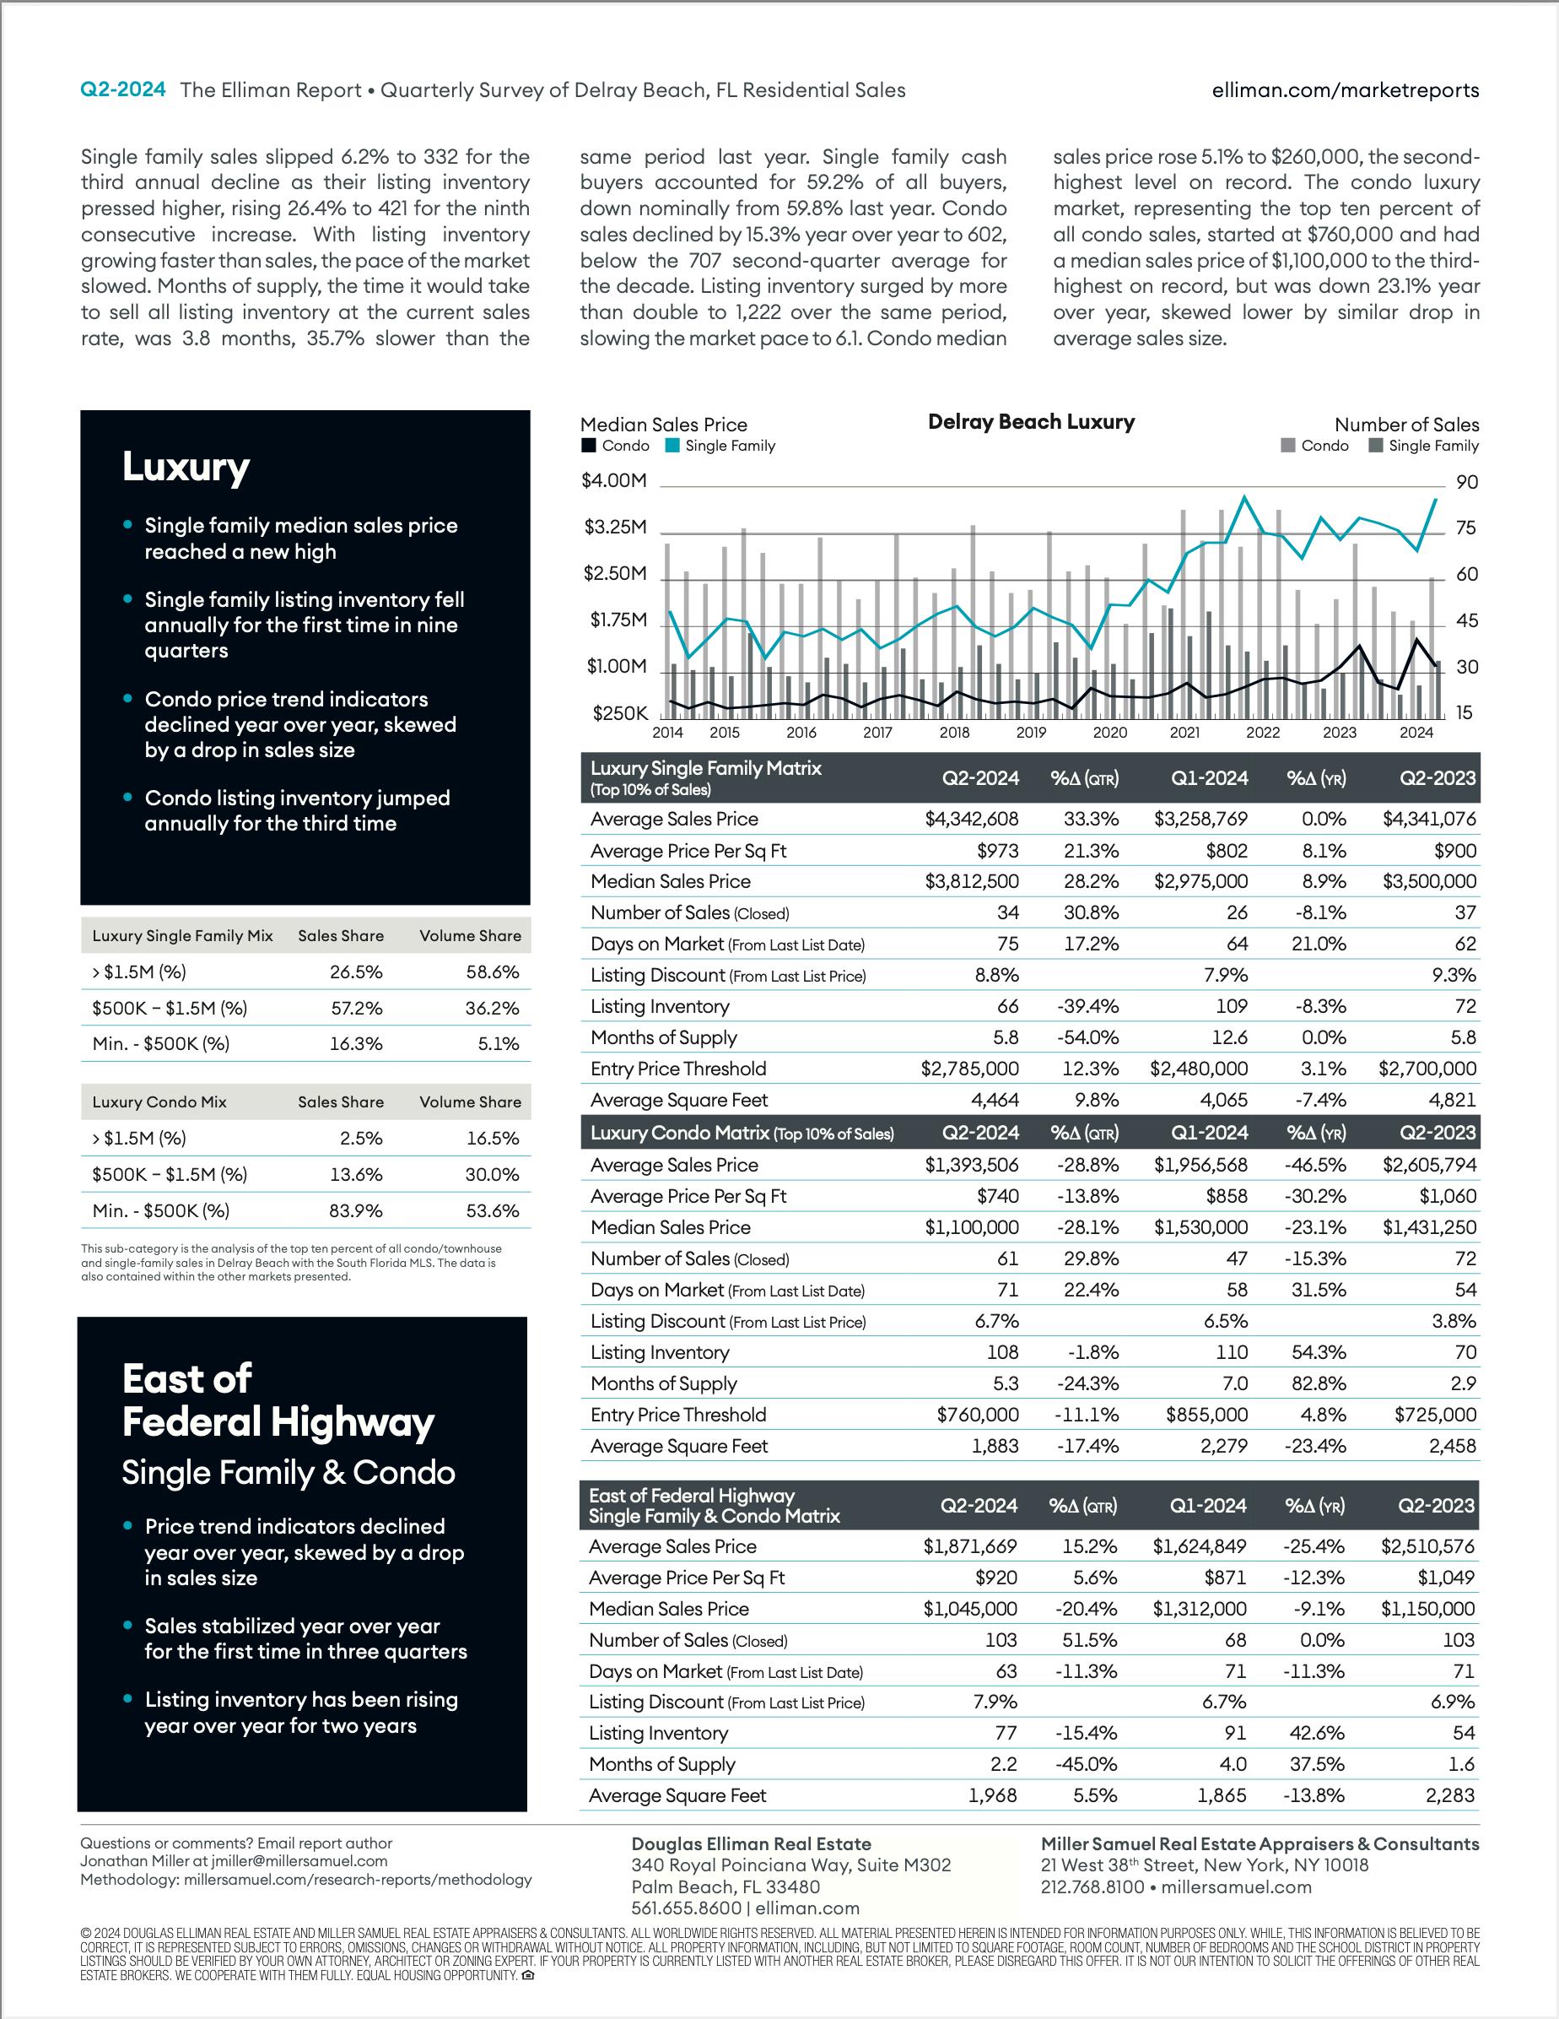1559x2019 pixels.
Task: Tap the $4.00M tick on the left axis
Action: click(x=613, y=481)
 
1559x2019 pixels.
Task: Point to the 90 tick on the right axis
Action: click(x=1466, y=482)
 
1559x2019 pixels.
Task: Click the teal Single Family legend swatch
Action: click(x=672, y=446)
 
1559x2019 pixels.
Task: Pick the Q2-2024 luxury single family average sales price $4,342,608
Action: click(x=971, y=819)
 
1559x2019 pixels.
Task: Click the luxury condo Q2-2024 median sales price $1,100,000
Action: click(x=971, y=1227)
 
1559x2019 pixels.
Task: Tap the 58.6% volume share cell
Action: click(x=493, y=972)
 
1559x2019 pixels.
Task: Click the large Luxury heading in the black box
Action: click(x=186, y=467)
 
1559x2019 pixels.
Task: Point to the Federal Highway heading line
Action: click(x=278, y=1423)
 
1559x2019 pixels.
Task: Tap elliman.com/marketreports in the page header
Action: click(x=1345, y=89)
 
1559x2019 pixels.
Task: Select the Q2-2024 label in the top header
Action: click(x=123, y=89)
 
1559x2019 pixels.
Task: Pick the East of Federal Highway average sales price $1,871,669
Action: click(x=969, y=1546)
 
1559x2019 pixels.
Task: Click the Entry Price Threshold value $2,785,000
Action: click(x=969, y=1069)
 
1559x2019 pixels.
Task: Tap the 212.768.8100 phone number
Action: click(x=1092, y=1886)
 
